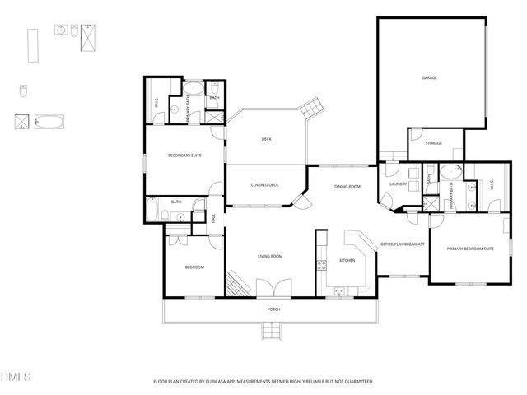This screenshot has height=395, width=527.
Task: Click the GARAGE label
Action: click(x=429, y=78)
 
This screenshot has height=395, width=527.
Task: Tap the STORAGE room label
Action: click(x=433, y=143)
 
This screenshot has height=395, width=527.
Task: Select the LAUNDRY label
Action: click(x=400, y=185)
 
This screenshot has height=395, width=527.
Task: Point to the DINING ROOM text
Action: click(x=347, y=187)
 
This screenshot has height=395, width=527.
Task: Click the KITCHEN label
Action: click(x=348, y=261)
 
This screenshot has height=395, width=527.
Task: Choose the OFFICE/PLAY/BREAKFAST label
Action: click(x=401, y=244)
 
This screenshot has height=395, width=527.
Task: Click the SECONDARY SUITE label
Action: click(x=184, y=156)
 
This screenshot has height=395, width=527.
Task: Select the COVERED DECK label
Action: click(x=264, y=184)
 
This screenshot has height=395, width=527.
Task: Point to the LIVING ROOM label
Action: click(x=270, y=257)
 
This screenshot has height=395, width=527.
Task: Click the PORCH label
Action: click(x=273, y=309)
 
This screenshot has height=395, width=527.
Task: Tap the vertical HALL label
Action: click(x=213, y=219)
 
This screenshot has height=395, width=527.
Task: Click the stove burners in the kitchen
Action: click(x=321, y=265)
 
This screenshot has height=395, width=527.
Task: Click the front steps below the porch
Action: click(x=273, y=330)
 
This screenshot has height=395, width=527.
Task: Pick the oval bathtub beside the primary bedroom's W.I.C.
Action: click(x=451, y=172)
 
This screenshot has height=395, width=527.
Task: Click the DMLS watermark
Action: click(x=16, y=377)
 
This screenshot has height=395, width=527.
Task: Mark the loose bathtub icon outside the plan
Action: click(x=50, y=123)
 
